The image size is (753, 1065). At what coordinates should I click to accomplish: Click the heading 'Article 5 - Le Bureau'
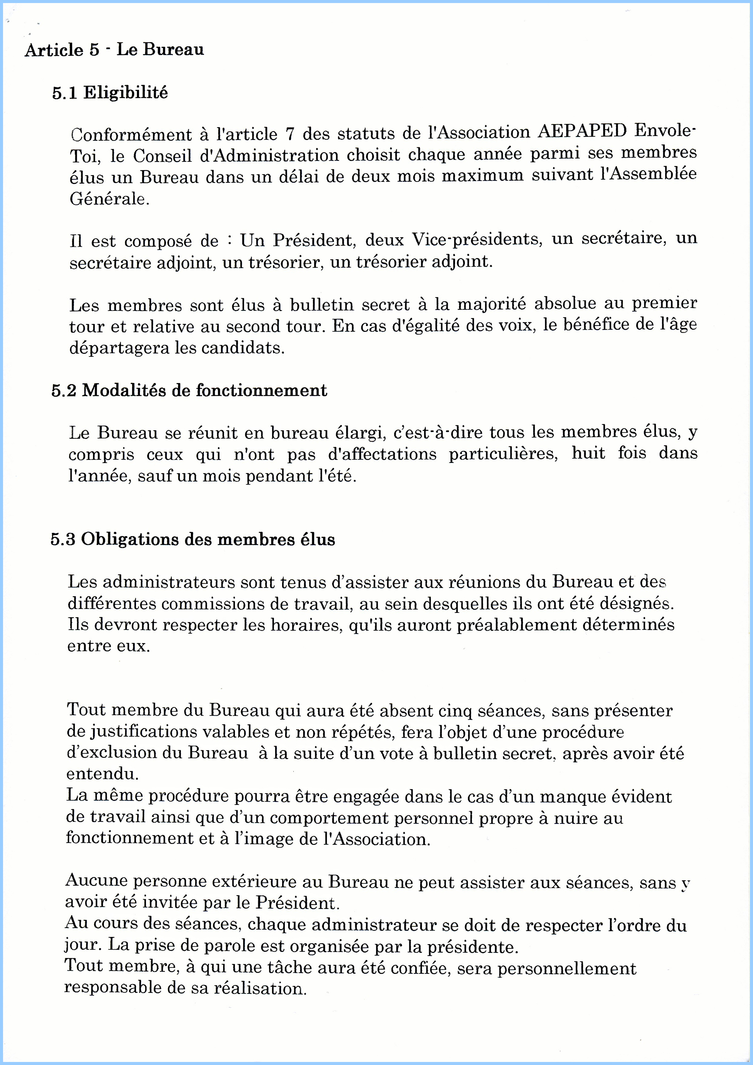coord(114,49)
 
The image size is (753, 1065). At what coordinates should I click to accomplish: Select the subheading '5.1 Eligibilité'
coord(110,93)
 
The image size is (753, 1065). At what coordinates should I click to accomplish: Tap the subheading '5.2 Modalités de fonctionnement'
coord(189,390)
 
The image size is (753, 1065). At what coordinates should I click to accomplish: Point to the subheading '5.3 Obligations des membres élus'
coord(193,539)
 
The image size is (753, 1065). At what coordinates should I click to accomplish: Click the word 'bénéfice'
coord(596,325)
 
